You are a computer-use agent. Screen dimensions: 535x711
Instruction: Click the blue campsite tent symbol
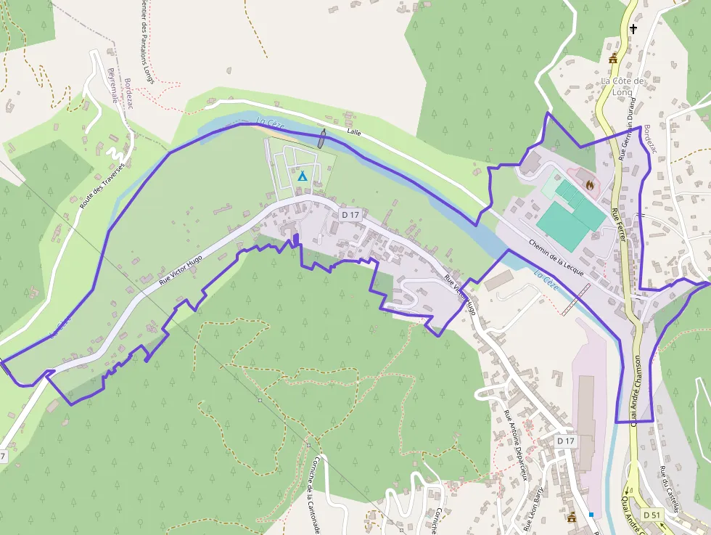(x=303, y=176)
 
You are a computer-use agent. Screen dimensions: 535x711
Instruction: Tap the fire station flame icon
(x=590, y=185)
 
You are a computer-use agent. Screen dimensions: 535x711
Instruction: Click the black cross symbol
(x=633, y=29)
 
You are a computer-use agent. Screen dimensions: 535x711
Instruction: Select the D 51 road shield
(x=652, y=515)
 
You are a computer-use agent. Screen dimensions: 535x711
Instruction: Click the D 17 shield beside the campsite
(x=350, y=214)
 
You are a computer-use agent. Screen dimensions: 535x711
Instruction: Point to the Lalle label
(x=354, y=132)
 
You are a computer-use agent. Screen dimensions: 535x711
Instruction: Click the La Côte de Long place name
(x=622, y=86)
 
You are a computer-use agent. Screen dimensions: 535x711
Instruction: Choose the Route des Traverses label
(x=102, y=186)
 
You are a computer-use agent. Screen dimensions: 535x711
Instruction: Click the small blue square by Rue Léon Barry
(x=591, y=515)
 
